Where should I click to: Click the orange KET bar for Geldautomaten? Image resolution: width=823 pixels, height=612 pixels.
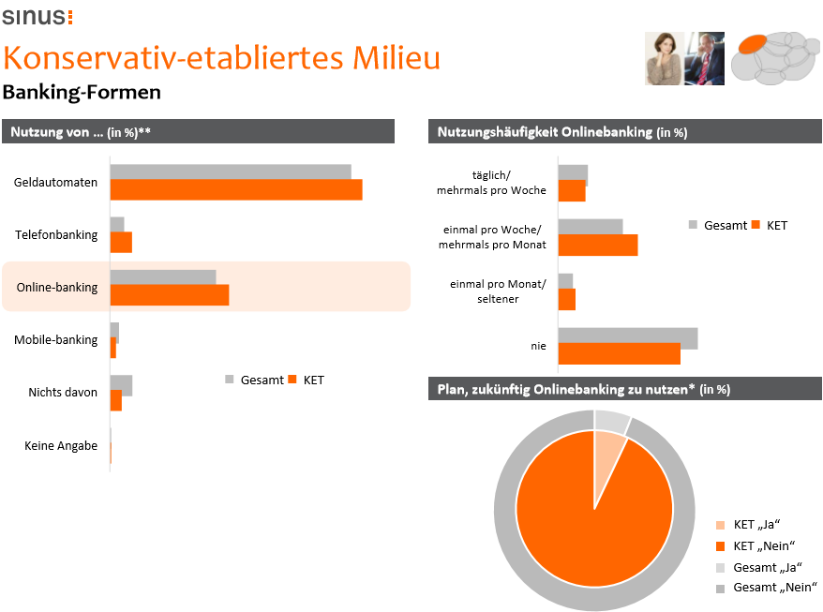[x=235, y=189]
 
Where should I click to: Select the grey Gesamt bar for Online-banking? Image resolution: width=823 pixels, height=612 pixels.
[x=163, y=276]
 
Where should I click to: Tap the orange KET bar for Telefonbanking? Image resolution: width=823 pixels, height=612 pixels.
[x=121, y=243]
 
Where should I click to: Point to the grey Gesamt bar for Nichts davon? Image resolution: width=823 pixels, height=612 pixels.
[x=121, y=384]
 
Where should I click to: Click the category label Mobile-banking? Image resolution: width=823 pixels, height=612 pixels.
[x=56, y=339]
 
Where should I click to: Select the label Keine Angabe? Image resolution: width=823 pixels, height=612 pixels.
[x=61, y=446]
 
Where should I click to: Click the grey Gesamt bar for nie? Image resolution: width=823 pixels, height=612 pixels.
[x=627, y=337]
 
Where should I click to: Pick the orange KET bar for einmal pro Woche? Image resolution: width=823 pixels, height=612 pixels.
[x=597, y=245]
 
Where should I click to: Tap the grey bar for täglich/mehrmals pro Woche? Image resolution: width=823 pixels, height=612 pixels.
[x=573, y=173]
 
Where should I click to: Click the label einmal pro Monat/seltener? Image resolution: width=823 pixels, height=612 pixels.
[x=497, y=291]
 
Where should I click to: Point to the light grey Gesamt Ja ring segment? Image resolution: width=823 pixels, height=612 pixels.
[x=611, y=421]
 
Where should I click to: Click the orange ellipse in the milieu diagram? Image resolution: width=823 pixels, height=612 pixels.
[x=756, y=46]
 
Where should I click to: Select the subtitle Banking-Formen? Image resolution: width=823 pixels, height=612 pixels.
[x=82, y=92]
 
